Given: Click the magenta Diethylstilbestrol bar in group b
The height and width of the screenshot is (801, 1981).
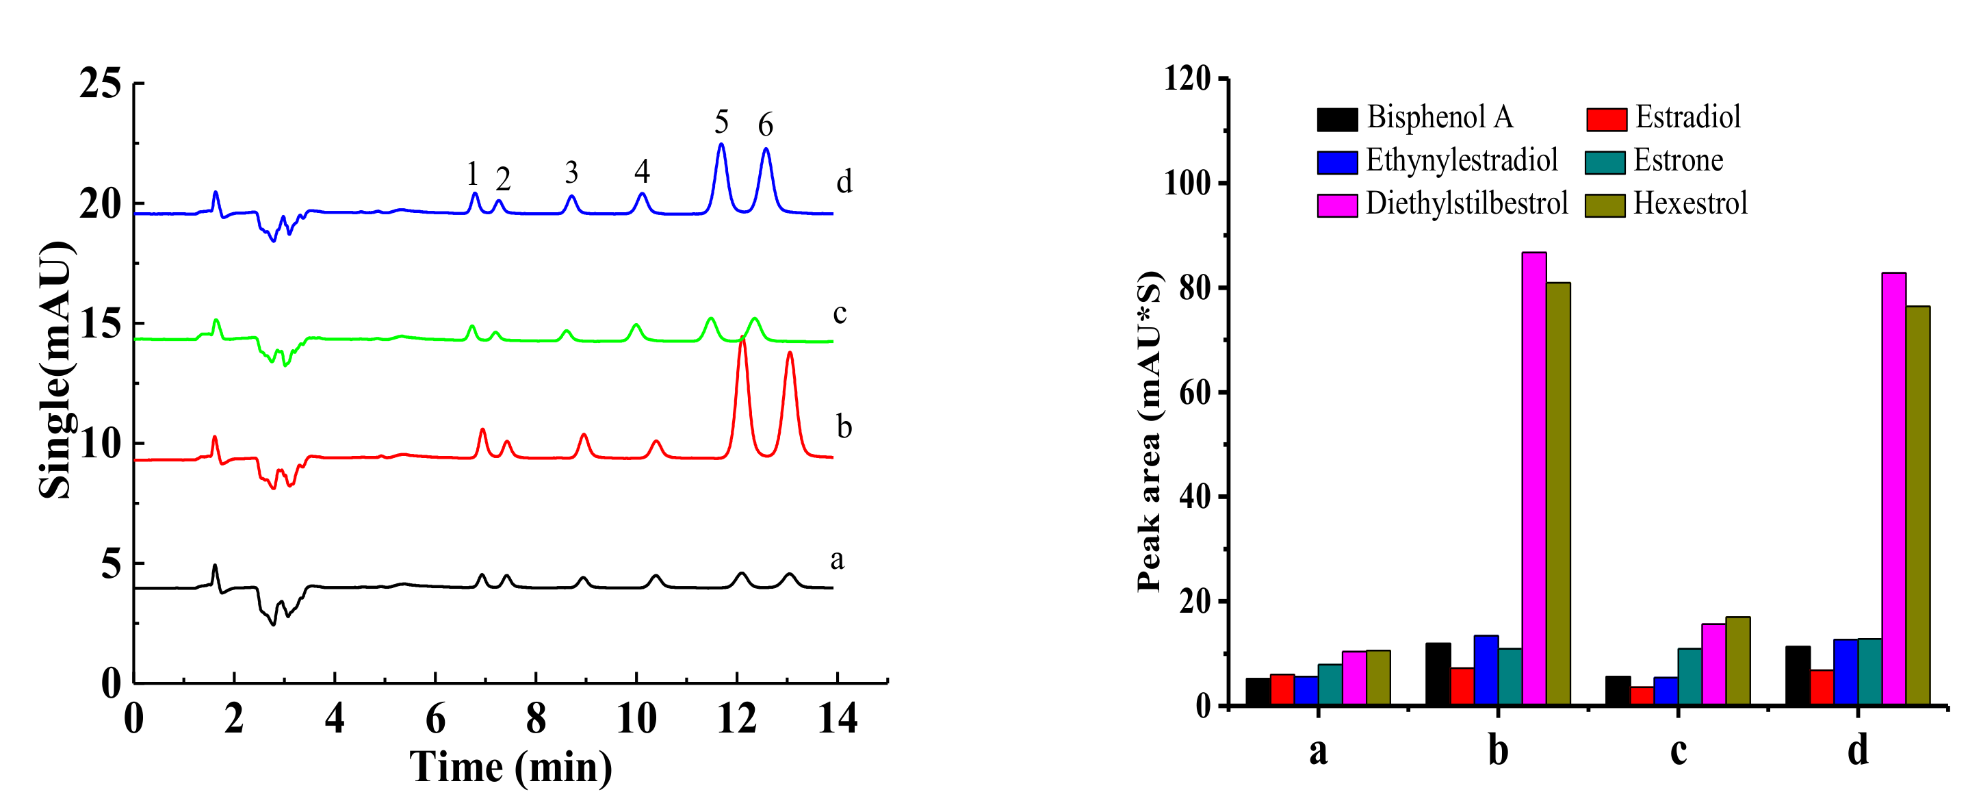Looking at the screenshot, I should (1534, 477).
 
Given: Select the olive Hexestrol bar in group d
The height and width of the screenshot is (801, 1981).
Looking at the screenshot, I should (1918, 504).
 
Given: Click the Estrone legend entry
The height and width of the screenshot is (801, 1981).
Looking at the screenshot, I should (1677, 161).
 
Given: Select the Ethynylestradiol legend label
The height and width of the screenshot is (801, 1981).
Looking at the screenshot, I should (1461, 161).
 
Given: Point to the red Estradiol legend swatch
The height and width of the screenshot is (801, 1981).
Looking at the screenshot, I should (1607, 119).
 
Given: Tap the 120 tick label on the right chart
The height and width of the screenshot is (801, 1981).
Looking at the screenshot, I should (1187, 79).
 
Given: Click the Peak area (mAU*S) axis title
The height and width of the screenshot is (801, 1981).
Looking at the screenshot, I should (1149, 431).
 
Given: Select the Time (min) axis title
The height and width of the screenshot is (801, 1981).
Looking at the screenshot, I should (510, 767).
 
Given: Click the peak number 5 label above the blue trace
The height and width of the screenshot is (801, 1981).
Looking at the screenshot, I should (721, 122).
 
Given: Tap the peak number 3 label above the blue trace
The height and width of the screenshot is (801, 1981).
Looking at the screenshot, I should (571, 173).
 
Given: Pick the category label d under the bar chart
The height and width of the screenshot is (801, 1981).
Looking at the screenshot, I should (1858, 750).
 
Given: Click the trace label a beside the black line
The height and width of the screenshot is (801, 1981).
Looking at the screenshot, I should (837, 559).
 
